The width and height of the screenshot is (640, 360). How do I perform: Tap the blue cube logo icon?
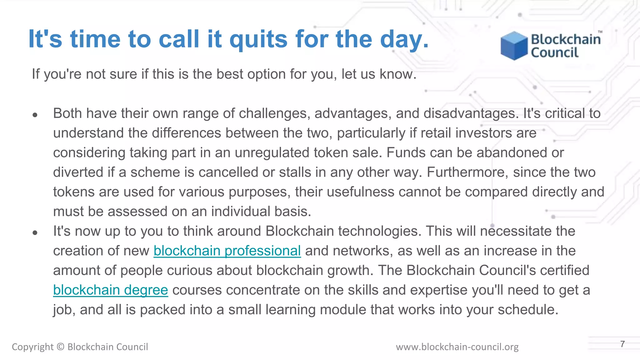tap(514, 46)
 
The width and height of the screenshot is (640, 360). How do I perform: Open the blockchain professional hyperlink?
tap(227, 251)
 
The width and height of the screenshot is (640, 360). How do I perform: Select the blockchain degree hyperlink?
tap(111, 290)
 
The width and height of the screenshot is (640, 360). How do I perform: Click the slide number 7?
tap(622, 344)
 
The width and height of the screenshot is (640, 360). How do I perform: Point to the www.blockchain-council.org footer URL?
tap(457, 347)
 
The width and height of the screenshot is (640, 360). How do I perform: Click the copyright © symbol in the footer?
tap(61, 347)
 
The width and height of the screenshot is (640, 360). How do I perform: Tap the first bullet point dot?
tap(35, 115)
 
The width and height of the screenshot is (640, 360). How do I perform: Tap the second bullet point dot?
tap(35, 233)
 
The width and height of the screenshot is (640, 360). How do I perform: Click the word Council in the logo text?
tap(555, 52)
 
